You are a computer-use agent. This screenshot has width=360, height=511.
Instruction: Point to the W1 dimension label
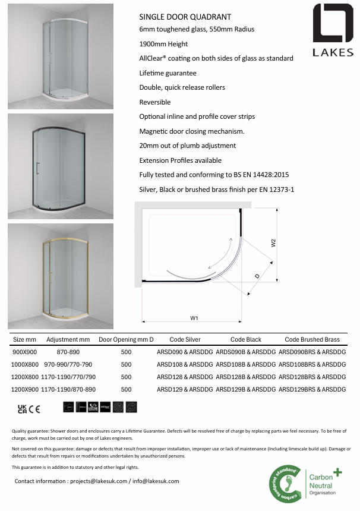click(x=194, y=318)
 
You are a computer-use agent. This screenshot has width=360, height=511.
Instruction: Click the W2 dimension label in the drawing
click(x=273, y=243)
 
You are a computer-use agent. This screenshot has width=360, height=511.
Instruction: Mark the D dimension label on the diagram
click(x=257, y=276)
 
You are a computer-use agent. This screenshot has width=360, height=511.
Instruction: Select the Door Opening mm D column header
click(x=126, y=339)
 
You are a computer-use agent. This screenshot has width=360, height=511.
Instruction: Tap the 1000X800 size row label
click(x=25, y=364)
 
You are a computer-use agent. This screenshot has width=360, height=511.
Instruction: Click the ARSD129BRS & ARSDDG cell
click(x=312, y=389)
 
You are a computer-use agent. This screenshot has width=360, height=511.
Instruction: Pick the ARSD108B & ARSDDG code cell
click(x=245, y=364)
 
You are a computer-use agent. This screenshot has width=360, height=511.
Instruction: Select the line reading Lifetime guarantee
click(x=168, y=73)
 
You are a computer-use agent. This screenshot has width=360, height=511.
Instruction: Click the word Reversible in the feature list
click(x=154, y=102)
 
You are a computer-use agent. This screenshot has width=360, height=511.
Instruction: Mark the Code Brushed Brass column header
click(x=312, y=339)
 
